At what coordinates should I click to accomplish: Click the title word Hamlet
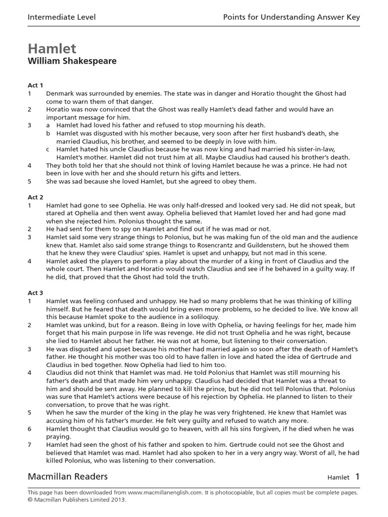click(52, 48)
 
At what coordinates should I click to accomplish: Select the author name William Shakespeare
click(72, 62)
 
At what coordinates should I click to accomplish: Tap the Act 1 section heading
click(35, 85)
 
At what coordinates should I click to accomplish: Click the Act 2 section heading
click(35, 197)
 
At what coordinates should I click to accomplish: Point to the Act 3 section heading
click(35, 293)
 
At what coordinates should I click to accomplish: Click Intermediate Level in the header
click(61, 18)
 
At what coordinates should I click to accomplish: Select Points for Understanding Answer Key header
click(292, 18)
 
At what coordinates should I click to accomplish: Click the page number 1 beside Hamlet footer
click(357, 476)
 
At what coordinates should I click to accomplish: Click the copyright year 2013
click(117, 499)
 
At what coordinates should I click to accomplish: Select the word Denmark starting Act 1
click(61, 93)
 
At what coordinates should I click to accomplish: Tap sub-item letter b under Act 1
click(48, 133)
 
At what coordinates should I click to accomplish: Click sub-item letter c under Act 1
click(48, 149)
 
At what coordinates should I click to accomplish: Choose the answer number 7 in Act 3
click(30, 445)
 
